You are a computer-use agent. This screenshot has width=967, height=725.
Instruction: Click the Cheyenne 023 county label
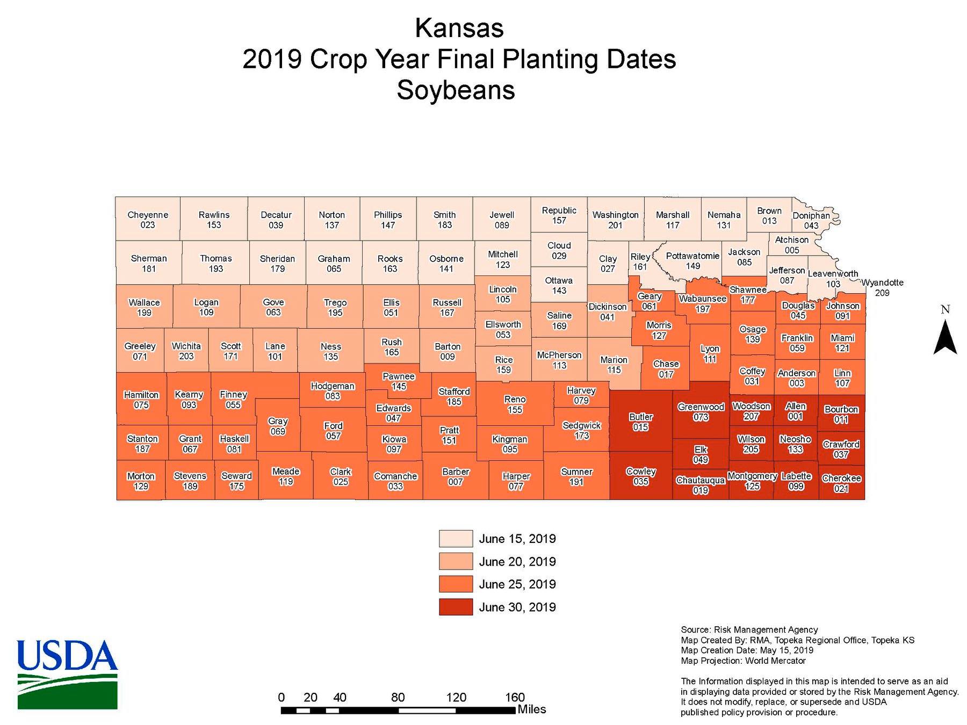tap(148, 220)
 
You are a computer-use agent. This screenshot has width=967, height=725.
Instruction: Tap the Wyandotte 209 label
tap(882, 287)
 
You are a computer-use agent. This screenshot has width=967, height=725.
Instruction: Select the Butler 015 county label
tap(640, 422)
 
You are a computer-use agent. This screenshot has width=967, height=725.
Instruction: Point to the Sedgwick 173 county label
tap(581, 430)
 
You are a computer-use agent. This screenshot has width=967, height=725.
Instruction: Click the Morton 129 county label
tap(141, 481)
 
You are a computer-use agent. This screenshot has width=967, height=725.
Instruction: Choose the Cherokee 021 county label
tap(841, 483)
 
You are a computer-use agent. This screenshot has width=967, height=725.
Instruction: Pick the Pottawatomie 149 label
tap(692, 260)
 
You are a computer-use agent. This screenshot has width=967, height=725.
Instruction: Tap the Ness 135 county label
tap(330, 351)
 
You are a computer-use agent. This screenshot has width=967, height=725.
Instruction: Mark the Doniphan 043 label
tap(811, 220)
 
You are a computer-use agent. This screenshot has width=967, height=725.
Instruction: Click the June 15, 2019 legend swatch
tap(456, 539)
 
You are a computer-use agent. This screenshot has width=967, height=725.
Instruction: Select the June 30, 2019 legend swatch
tap(456, 607)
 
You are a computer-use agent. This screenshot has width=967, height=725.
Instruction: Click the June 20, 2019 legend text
tap(517, 562)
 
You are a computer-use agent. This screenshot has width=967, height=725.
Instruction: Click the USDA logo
tap(67, 674)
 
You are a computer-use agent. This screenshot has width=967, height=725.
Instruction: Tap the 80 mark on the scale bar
tap(398, 698)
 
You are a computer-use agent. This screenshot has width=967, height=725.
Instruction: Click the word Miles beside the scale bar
tap(531, 709)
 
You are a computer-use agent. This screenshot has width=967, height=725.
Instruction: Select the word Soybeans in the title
tap(456, 90)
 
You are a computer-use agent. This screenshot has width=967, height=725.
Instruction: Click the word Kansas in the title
tap(459, 28)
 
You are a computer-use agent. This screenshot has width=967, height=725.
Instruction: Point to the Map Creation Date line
tap(747, 650)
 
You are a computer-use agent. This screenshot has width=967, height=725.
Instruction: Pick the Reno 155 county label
tap(515, 404)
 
